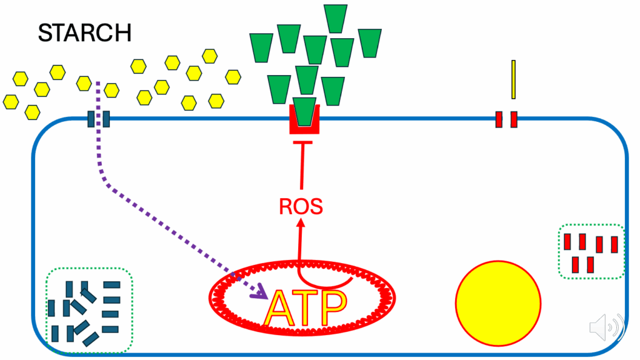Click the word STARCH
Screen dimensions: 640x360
[x=85, y=33]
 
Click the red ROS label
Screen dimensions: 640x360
[x=301, y=206]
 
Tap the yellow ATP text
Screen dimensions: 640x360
[x=306, y=308]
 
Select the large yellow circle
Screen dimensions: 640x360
[x=498, y=303]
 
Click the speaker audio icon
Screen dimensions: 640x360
[x=607, y=326]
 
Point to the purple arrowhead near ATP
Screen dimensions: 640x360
[x=259, y=291]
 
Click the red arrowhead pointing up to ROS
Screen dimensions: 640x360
[x=301, y=223]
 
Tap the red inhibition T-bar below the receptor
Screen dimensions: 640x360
[x=302, y=142]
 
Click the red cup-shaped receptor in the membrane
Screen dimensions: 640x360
[x=304, y=129]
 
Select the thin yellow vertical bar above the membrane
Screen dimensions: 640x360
[x=514, y=79]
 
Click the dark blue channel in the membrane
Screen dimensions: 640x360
[x=99, y=119]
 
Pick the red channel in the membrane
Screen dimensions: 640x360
[x=506, y=119]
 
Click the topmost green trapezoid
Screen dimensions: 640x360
[x=336, y=19]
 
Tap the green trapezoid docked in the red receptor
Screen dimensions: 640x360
[x=304, y=111]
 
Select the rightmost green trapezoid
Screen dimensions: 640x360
[x=370, y=43]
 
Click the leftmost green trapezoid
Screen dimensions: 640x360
[x=261, y=48]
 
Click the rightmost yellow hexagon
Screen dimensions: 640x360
[x=233, y=77]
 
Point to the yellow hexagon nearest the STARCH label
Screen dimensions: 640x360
[x=57, y=72]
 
